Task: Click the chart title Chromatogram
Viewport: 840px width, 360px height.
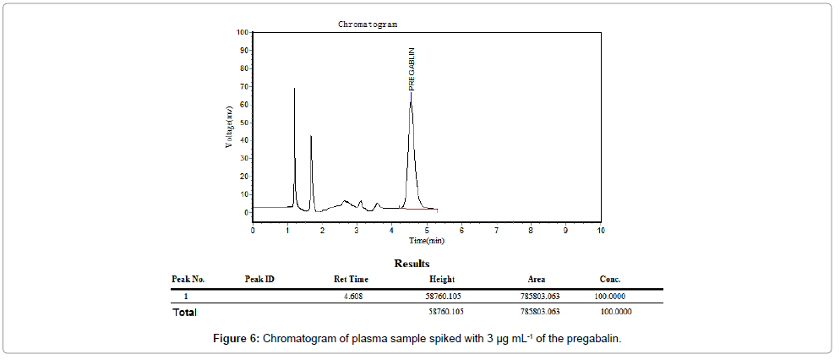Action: (x=368, y=25)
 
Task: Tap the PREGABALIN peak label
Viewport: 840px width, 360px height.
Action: (x=412, y=69)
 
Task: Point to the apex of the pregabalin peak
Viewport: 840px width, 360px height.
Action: (x=411, y=102)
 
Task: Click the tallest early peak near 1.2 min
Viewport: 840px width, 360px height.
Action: (x=294, y=89)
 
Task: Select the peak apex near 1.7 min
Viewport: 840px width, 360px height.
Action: (x=311, y=136)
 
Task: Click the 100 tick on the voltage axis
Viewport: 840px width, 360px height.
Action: (x=243, y=32)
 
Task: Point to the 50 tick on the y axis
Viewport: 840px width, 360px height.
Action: (x=244, y=123)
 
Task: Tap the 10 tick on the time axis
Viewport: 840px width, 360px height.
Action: (x=600, y=229)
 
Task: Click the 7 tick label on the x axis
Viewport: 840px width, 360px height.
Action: (x=496, y=229)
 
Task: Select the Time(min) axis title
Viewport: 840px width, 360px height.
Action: (x=427, y=240)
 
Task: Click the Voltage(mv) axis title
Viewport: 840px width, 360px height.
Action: (x=228, y=126)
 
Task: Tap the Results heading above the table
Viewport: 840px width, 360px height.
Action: (x=412, y=264)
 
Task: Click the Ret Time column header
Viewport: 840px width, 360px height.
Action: (x=351, y=279)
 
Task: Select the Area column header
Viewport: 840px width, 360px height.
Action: (x=536, y=279)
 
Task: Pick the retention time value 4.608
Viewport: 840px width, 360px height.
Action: (x=352, y=296)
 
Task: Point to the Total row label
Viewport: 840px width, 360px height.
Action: (x=184, y=313)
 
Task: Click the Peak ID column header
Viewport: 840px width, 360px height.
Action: (x=259, y=279)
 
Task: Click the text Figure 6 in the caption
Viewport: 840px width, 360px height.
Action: (x=237, y=339)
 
